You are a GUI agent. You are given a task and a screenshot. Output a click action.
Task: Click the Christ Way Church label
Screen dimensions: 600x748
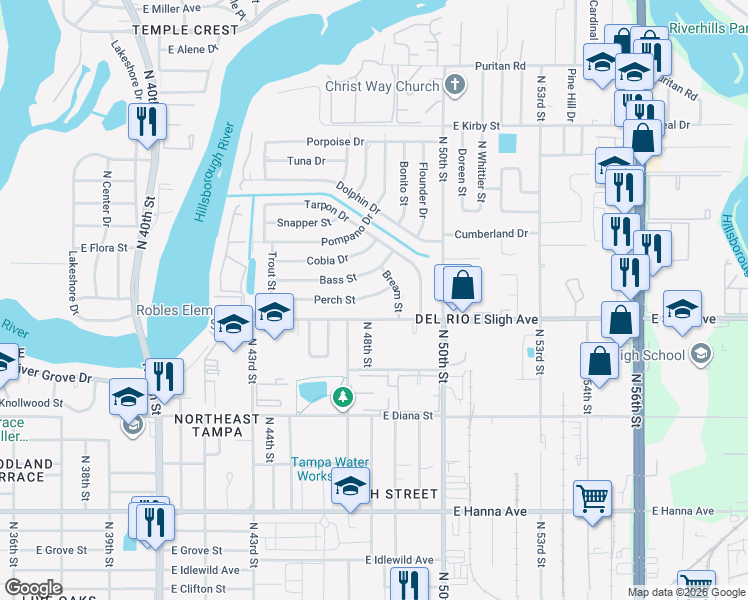tap(382, 86)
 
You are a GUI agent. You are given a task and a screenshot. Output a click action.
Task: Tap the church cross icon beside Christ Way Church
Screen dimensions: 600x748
tap(454, 85)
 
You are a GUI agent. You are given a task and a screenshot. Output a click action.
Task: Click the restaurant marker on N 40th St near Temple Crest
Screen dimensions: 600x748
tap(147, 123)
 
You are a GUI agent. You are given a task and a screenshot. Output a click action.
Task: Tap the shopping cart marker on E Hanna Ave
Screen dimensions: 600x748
tap(592, 498)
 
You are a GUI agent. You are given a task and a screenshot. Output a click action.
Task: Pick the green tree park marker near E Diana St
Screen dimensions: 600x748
tap(343, 398)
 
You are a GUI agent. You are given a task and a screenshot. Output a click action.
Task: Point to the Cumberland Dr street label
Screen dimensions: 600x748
tap(491, 234)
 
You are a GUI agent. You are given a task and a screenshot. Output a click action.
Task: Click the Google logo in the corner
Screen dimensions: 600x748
tap(33, 588)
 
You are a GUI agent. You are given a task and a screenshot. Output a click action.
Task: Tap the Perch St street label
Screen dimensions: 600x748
tap(335, 300)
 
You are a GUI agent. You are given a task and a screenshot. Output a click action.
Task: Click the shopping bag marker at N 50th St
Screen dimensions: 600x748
tap(461, 285)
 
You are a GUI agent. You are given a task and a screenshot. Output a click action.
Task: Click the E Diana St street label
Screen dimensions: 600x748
tap(407, 416)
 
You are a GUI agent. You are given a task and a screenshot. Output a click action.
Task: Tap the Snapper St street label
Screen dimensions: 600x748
tap(297, 223)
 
